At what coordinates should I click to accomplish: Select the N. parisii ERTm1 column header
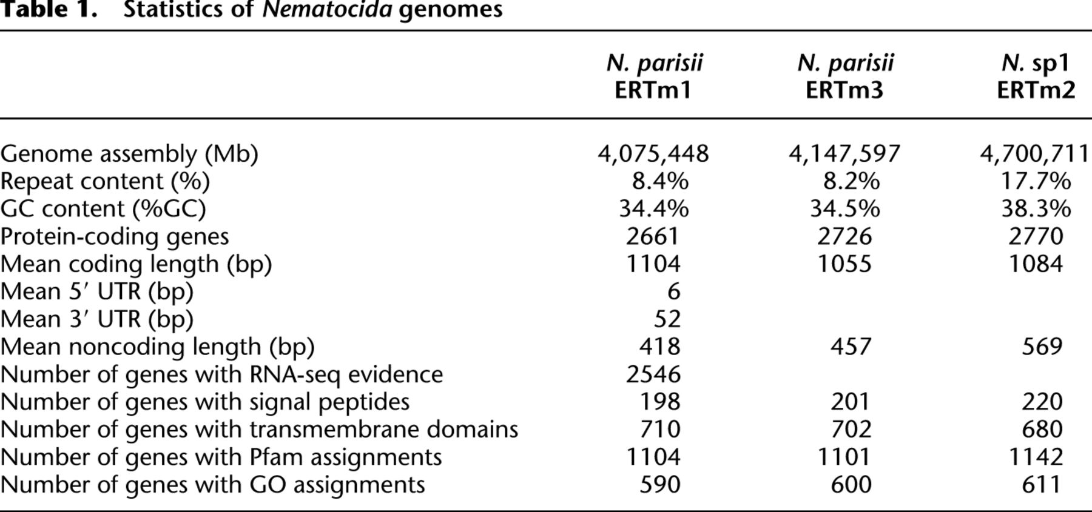click(654, 76)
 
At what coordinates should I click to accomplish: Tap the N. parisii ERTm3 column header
click(845, 76)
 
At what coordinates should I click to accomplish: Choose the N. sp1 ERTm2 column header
click(1036, 76)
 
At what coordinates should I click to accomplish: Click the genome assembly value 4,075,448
click(653, 154)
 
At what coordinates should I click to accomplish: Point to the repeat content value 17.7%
click(1036, 181)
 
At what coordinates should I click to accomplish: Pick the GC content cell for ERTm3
click(845, 208)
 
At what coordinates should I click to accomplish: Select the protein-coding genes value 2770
click(1036, 236)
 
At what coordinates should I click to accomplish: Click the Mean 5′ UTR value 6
click(673, 291)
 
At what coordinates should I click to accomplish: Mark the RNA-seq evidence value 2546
click(653, 374)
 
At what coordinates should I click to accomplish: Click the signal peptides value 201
click(851, 402)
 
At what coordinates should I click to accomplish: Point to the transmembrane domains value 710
click(660, 429)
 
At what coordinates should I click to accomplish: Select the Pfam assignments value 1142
click(1036, 457)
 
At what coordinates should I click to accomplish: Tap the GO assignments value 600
click(851, 485)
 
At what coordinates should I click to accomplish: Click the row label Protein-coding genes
click(115, 236)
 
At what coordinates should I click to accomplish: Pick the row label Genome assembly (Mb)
click(129, 155)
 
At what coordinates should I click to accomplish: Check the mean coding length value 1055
click(845, 264)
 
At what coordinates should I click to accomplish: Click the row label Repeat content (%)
click(105, 182)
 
